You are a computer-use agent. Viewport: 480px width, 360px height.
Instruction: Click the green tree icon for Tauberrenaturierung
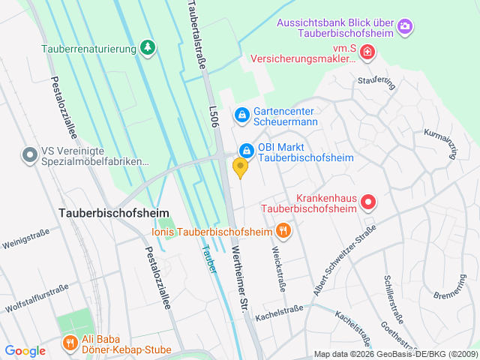coord(148,49)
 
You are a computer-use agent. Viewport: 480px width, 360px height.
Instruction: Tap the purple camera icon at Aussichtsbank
coord(405,27)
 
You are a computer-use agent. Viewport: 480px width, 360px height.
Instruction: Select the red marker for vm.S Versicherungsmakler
coord(367,52)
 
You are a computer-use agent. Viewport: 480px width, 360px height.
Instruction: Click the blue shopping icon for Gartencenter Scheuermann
coord(241,115)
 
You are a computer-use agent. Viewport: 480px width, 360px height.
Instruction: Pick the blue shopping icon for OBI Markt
coord(245,151)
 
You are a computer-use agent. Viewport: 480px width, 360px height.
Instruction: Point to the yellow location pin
coord(240,167)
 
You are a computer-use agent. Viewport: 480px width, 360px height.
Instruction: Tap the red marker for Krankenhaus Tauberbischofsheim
coord(368,202)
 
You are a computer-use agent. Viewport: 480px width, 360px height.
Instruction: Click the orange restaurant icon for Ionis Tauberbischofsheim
coord(283,231)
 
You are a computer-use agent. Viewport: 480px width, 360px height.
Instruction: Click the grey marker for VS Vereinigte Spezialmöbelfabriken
coord(29,155)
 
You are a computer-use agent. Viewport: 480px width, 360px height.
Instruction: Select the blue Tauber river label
coord(210,259)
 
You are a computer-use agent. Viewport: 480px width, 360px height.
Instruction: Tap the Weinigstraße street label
coord(25,241)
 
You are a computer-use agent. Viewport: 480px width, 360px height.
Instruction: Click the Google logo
coord(25,350)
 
